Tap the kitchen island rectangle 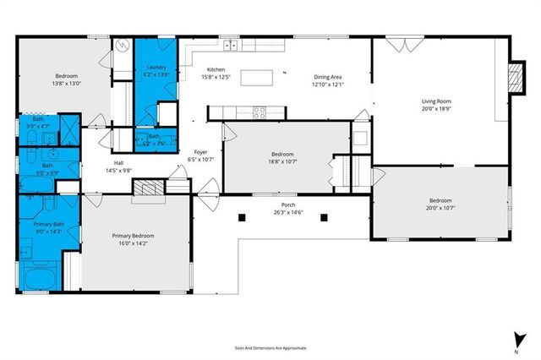pos(259,78)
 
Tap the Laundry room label pos(156,67)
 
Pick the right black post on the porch pos(323,217)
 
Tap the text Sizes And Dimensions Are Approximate pos(270,347)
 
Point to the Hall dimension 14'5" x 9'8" pos(120,171)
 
